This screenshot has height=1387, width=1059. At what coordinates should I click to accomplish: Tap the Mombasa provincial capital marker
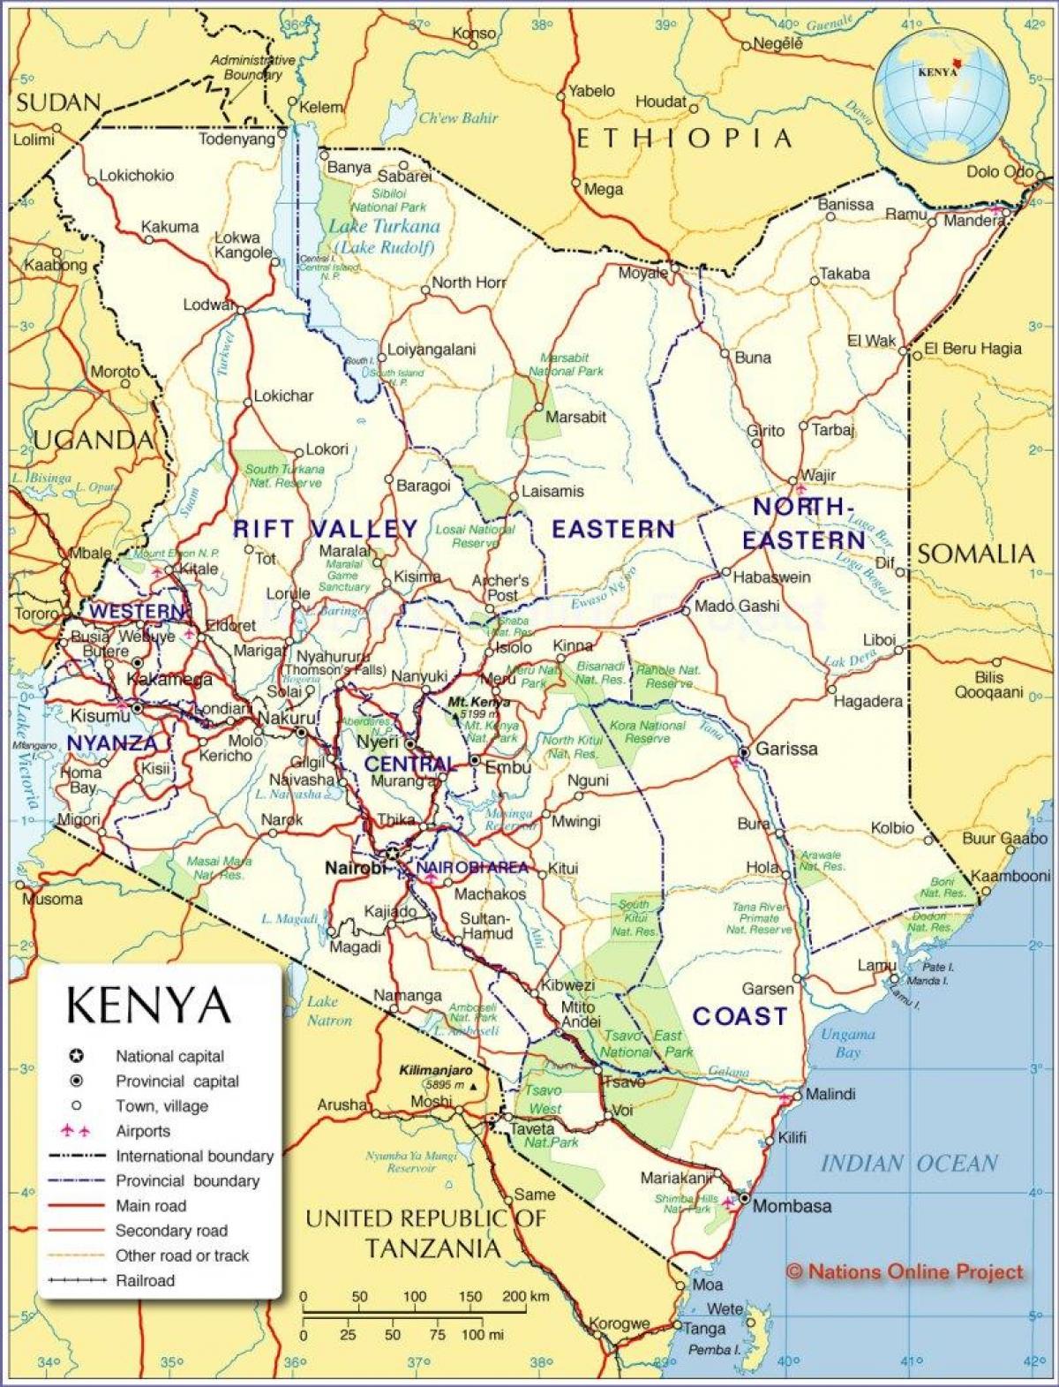[x=745, y=1199]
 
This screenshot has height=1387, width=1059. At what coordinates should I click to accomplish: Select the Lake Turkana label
[x=385, y=226]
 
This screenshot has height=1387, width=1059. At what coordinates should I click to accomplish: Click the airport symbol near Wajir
[x=800, y=487]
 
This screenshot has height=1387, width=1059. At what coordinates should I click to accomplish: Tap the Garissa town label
[x=786, y=749]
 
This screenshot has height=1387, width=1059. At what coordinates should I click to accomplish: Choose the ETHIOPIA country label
[x=684, y=139]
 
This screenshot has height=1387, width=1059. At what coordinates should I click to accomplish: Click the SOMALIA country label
[x=975, y=554]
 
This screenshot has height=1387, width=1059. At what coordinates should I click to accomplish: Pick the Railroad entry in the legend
[x=145, y=1280]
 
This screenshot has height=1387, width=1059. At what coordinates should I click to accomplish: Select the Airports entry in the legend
[x=143, y=1131]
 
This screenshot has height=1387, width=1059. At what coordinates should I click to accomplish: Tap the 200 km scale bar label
[x=526, y=1297]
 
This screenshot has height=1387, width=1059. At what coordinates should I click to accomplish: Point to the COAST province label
[x=740, y=1016]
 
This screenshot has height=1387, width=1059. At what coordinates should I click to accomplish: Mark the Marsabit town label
[x=575, y=417]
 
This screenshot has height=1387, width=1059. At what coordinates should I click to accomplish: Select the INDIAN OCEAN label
[x=909, y=1163]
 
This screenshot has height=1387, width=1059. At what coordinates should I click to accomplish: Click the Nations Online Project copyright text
[x=905, y=1271]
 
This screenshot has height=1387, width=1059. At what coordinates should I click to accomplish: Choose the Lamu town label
[x=877, y=966]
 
